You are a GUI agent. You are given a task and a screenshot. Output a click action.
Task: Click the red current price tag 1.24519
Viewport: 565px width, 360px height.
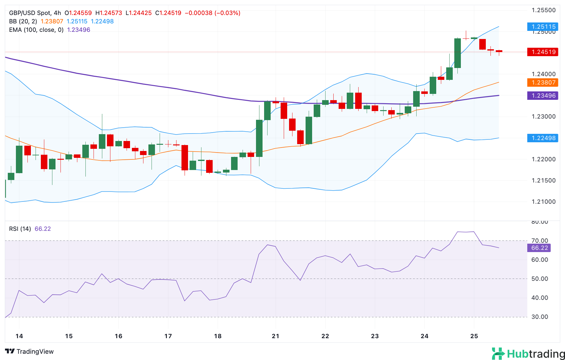(543, 52)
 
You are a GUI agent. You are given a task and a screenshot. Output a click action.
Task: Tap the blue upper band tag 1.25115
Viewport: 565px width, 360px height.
(543, 27)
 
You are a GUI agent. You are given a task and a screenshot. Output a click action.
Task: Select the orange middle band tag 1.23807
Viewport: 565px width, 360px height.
(543, 82)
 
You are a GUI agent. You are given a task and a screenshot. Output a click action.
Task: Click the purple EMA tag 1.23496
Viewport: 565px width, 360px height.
(543, 95)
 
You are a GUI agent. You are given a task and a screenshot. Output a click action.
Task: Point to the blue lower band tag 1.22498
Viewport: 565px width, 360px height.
(543, 138)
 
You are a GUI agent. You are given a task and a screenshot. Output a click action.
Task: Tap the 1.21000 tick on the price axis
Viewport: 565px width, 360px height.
(543, 202)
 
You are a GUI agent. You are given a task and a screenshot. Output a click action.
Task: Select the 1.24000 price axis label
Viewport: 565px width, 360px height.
(543, 74)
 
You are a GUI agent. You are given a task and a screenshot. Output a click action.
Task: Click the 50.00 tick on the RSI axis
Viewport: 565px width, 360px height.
(539, 279)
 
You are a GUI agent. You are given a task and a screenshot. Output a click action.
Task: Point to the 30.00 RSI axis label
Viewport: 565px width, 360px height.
(539, 317)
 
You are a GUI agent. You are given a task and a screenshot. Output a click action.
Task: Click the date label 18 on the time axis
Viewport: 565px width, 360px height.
(218, 336)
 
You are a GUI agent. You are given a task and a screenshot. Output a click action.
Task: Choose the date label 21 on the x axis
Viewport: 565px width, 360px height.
(275, 336)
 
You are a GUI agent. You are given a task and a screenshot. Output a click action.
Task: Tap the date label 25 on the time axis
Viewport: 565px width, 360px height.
(474, 336)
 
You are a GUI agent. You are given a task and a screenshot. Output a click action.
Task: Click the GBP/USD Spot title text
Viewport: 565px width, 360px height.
(30, 13)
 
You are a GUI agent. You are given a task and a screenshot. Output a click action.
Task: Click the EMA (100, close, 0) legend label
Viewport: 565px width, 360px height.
(36, 30)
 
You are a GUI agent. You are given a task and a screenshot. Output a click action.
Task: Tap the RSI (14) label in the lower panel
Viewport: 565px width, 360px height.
(20, 229)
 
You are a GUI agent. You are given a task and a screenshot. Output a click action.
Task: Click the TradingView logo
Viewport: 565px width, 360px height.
(30, 351)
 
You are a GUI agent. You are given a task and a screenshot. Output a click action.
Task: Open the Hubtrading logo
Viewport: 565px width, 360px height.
(528, 354)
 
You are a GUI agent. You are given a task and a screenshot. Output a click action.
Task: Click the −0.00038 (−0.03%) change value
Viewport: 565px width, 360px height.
(212, 13)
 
